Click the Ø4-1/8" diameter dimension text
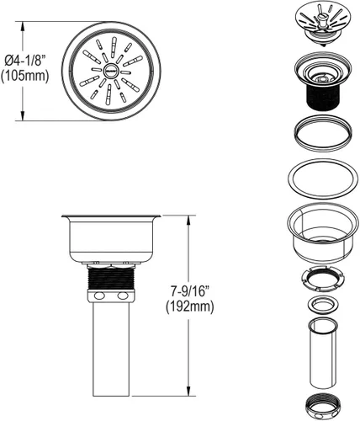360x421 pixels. (x=25, y=61)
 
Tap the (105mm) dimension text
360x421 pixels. (x=24, y=76)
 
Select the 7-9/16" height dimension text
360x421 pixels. (x=190, y=291)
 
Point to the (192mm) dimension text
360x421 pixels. (x=189, y=306)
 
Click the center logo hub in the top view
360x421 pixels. (x=111, y=72)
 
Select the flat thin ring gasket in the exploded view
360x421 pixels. (x=323, y=179)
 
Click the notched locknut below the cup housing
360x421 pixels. (x=322, y=280)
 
